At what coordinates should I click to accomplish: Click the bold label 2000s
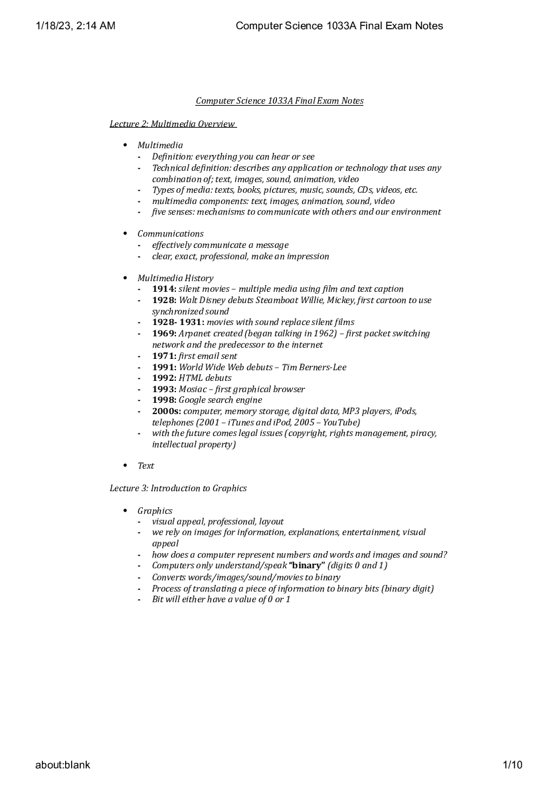coord(166,411)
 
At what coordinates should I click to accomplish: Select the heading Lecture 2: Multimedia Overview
coord(173,124)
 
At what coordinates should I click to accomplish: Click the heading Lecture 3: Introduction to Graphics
coord(178,489)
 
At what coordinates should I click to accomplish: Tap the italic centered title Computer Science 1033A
coord(279,101)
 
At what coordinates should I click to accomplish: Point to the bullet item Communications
coord(170,234)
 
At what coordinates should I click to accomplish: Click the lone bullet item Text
coord(145,466)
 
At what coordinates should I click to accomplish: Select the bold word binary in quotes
coord(306,566)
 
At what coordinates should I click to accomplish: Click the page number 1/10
coord(513,765)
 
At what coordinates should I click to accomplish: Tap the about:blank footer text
coord(62,765)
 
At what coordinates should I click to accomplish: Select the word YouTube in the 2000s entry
coord(339,423)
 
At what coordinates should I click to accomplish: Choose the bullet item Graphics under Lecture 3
coord(155,511)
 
